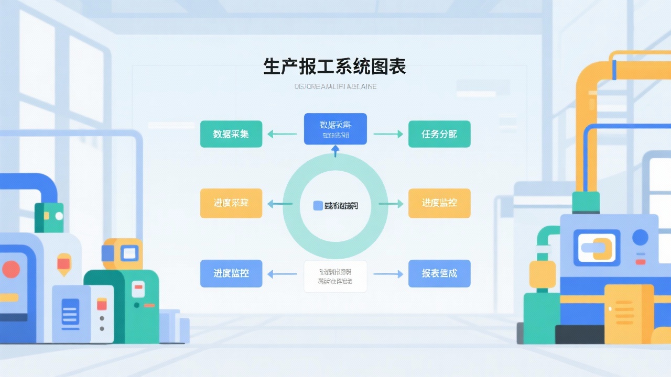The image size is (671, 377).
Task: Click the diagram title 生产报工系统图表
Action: click(334, 67)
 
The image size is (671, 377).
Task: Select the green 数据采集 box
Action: click(231, 134)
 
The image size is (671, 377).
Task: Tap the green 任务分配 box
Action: click(439, 134)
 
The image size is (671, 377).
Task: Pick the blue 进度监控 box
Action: click(231, 273)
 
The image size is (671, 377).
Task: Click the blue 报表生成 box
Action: click(439, 273)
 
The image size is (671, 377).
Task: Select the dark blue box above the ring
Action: click(335, 129)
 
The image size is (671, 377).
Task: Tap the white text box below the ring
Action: click(335, 276)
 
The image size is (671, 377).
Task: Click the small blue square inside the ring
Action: click(318, 206)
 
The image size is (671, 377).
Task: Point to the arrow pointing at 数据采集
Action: click(282, 134)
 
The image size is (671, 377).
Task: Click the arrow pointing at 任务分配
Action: click(388, 134)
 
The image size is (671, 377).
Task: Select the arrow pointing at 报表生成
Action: click(388, 274)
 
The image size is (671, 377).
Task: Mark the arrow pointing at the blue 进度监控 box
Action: click(282, 274)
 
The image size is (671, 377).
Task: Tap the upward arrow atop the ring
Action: click(335, 151)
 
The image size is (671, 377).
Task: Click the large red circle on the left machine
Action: click(10, 270)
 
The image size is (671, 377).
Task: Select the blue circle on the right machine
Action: click(640, 238)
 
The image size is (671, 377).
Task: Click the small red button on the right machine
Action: click(640, 261)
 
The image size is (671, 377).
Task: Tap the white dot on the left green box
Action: click(59, 216)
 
